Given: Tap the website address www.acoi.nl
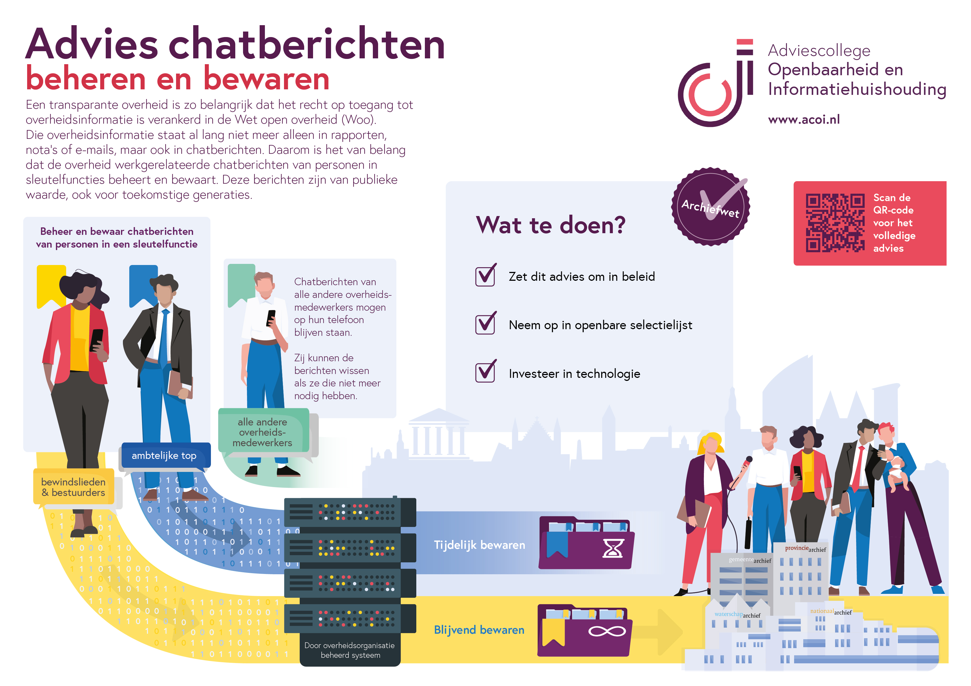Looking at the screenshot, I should (804, 119).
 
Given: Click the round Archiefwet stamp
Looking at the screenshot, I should (711, 206).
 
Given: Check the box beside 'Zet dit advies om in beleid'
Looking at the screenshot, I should (485, 276).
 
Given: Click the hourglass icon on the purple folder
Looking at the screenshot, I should (612, 548).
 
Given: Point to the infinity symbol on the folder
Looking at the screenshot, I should (606, 631).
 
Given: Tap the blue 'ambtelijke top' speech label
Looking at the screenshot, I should (164, 455).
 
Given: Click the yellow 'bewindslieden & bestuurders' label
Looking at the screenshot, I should (73, 487).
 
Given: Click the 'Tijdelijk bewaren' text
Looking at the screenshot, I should (479, 545).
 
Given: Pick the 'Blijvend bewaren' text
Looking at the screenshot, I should (479, 630).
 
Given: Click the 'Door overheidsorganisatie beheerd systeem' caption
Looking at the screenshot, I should (350, 650).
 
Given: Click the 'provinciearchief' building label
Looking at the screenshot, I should (805, 549).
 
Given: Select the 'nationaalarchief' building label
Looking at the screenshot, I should (831, 612).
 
